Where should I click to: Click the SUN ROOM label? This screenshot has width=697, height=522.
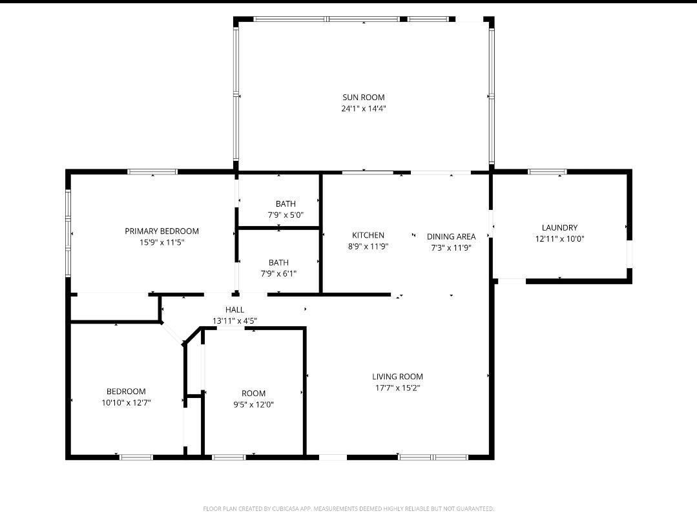[363, 98]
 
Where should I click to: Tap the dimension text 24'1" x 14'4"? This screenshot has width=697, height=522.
[363, 109]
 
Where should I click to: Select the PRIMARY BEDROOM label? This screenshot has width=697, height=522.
[161, 231]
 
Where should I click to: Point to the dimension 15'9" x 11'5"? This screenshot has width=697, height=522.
[161, 242]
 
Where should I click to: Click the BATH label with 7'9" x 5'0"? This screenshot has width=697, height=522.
[286, 204]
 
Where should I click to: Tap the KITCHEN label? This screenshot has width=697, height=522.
[368, 235]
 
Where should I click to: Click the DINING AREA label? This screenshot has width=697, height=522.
[451, 236]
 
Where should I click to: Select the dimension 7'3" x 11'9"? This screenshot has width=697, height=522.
[451, 247]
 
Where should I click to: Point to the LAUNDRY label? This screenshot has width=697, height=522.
[559, 227]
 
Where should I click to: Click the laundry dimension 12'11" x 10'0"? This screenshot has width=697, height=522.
[559, 238]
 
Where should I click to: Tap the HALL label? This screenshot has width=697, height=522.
[234, 310]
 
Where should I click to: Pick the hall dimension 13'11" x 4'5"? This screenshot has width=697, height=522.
[234, 320]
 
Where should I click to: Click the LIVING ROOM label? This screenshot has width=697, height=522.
[397, 377]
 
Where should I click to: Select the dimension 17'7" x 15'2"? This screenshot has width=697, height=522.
[397, 388]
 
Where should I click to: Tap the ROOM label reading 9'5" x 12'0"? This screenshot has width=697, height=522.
[253, 393]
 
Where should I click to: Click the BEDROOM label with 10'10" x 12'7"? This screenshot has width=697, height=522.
[126, 391]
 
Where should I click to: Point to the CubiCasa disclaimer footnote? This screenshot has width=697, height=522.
[348, 509]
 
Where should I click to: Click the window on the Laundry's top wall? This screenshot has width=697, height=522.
[547, 172]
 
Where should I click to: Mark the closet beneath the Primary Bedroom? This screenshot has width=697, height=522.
[114, 308]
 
